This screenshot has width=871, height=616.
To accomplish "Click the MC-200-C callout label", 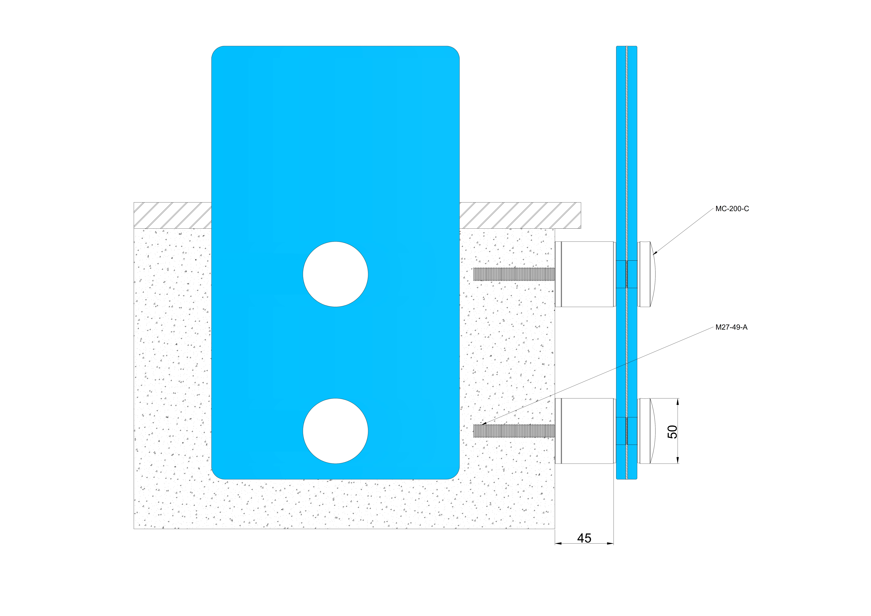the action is (732, 209).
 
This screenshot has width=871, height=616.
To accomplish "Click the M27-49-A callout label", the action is (731, 327).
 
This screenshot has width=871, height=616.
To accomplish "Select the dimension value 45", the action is (584, 538).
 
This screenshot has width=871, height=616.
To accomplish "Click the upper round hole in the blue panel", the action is (335, 274).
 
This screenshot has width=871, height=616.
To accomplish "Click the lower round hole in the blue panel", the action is (335, 431).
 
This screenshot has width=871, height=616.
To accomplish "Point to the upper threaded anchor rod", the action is (514, 274).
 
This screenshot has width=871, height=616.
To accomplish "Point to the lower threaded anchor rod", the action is (514, 431).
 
